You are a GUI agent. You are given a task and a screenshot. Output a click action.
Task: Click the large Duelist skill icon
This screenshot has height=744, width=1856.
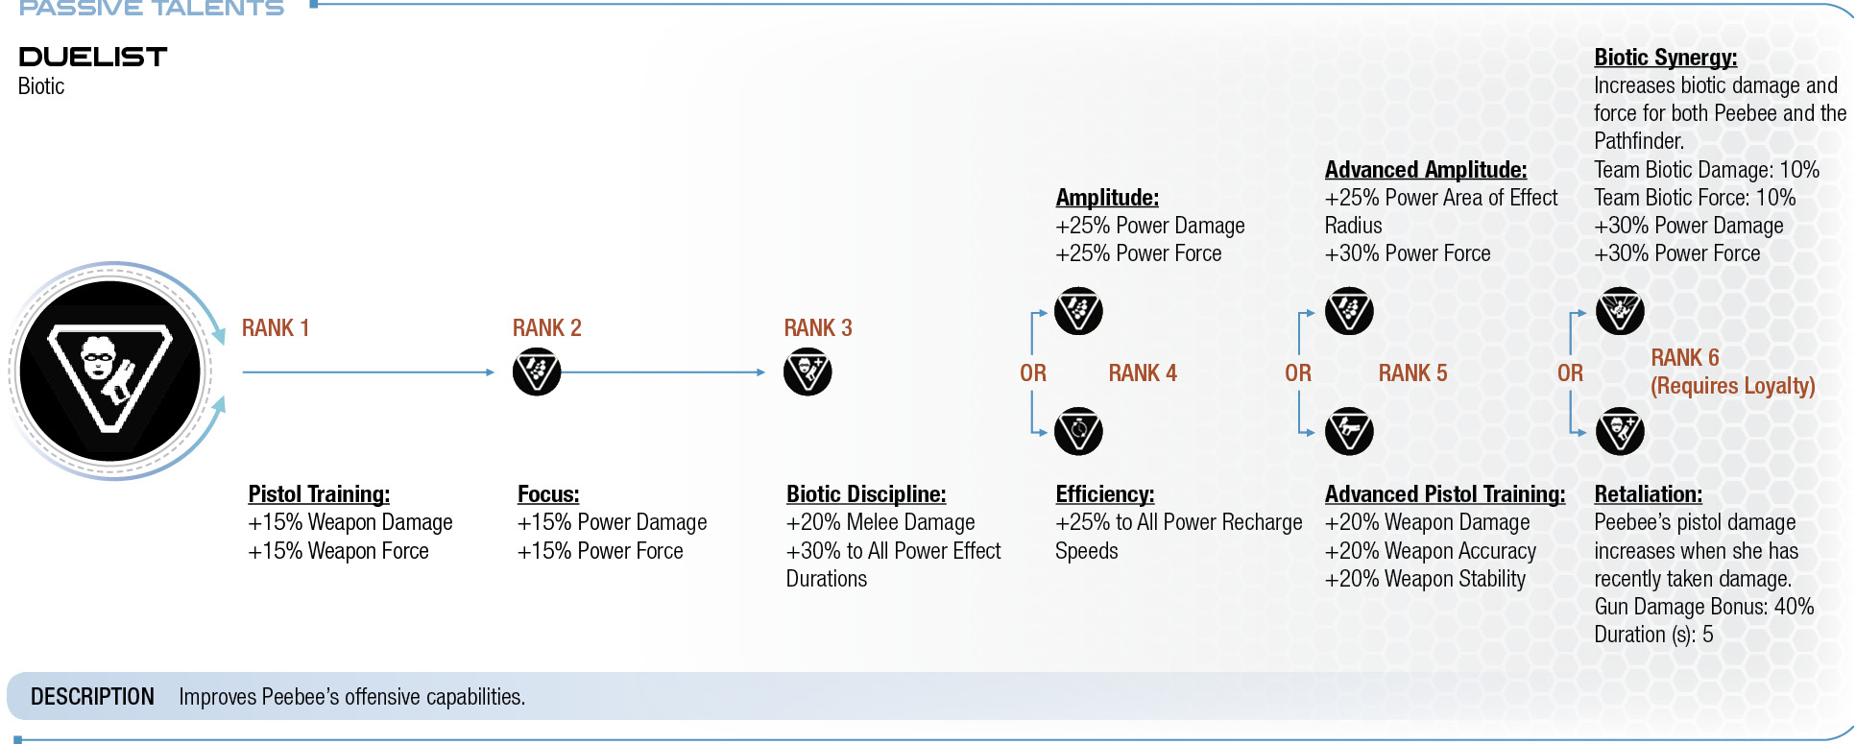110,372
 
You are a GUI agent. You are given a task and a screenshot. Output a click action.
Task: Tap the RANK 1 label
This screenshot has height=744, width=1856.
276,328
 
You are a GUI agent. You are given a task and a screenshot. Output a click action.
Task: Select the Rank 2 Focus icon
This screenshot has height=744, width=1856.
537,372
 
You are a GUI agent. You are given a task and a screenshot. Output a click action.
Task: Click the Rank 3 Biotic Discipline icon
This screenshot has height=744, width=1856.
807,372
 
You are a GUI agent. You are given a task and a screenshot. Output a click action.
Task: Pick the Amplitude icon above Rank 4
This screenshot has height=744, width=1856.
1078,311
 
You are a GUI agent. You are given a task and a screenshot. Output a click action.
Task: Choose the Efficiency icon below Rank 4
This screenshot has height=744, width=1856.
1078,432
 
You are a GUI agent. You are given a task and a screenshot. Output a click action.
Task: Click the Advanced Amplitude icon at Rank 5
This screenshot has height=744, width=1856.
1349,311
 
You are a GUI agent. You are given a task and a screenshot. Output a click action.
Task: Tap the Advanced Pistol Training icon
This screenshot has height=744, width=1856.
1349,432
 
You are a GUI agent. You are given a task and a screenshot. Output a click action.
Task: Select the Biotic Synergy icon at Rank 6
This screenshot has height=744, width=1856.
1620,311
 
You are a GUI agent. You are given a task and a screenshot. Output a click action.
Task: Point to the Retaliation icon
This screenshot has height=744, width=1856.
1620,432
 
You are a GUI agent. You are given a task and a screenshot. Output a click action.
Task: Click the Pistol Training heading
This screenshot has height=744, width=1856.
319,494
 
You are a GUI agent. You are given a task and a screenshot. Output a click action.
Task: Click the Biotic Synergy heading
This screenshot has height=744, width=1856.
1666,58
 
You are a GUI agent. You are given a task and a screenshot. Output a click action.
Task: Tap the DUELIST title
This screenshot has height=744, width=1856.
93,57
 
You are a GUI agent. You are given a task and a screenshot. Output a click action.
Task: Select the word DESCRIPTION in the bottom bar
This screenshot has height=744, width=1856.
92,697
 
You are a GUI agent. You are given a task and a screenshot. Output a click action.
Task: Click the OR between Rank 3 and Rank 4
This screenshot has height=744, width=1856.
1033,373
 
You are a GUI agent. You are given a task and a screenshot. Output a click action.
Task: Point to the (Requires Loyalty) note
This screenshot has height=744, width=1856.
1733,386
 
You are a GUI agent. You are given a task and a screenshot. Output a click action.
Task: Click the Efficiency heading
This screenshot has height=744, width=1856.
1105,494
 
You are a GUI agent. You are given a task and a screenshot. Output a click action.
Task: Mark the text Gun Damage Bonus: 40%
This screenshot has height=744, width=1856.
1704,607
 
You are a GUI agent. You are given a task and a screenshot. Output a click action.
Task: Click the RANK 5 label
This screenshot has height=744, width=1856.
1413,373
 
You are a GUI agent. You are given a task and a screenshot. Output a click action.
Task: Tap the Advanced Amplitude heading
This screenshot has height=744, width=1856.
1426,170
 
